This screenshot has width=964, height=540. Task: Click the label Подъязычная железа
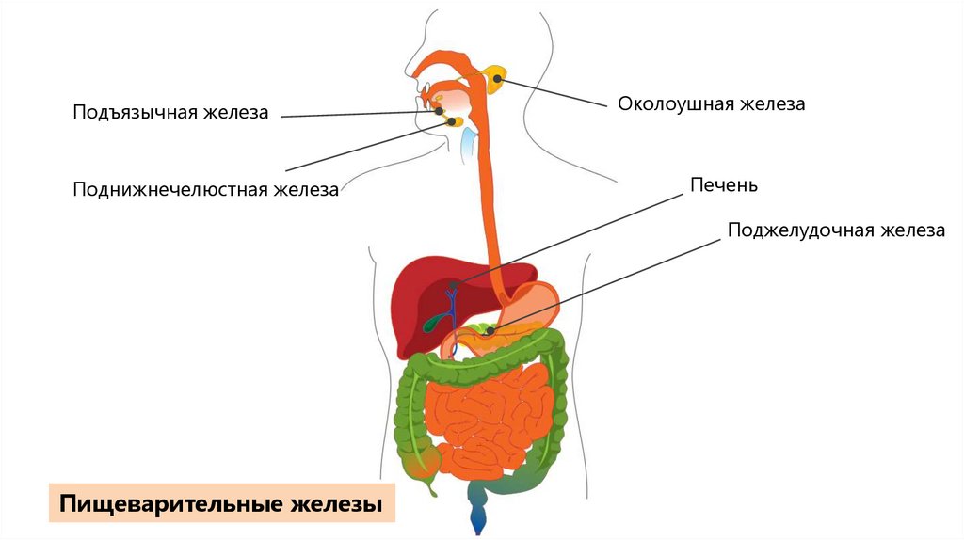171,113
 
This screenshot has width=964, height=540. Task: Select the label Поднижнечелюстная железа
206,190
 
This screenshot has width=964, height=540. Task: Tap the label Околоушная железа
711,104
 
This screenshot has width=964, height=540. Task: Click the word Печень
723,184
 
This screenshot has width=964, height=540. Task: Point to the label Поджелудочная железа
835,230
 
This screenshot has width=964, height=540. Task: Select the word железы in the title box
342,503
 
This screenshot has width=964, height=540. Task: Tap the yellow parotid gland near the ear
496,78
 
